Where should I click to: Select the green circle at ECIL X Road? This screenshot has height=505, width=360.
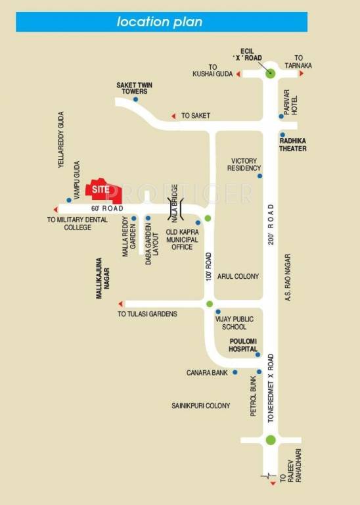coord(271,74)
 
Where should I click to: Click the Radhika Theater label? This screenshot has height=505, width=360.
coord(293,144)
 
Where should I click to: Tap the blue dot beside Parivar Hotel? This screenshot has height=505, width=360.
coord(281,116)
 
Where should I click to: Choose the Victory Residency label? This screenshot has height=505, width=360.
coord(244,164)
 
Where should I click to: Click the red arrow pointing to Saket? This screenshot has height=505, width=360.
coord(174,116)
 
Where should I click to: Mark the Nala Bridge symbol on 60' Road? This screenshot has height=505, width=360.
coord(175,207)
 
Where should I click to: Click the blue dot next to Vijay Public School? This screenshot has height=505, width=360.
coord(217,312)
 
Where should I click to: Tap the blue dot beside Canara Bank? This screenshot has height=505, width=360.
coord(235,372)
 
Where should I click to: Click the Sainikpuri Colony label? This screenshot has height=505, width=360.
coord(201,406)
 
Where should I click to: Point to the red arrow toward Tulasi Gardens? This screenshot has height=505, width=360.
coord(121,304)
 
